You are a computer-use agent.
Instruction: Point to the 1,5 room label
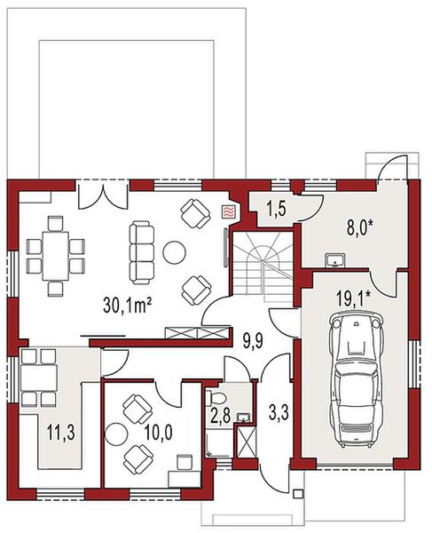pyautogui.click(x=276, y=211)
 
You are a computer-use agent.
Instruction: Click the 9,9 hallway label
pyautogui.click(x=255, y=337)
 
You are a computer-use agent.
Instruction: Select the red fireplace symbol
pyautogui.click(x=228, y=211)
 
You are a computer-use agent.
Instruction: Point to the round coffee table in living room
pyautogui.click(x=174, y=253)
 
